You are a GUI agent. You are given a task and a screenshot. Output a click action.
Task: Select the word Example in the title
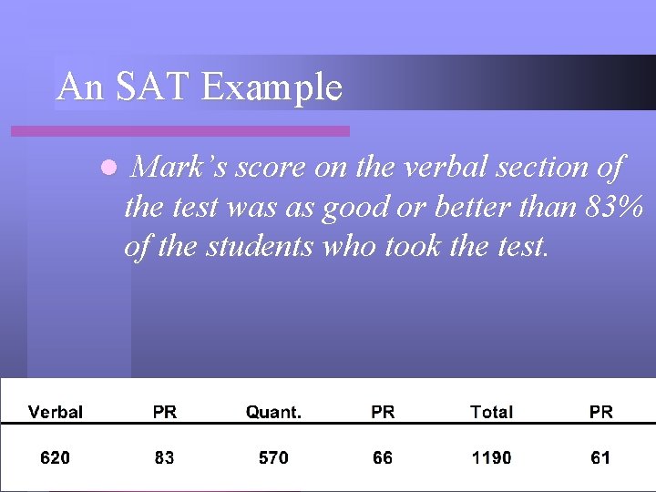(272, 87)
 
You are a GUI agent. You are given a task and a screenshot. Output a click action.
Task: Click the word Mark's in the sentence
(179, 168)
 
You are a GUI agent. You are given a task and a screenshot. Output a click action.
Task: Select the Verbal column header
(56, 412)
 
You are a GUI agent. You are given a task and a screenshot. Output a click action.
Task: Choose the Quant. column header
(273, 412)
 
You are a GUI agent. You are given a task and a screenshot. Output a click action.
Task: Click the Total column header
(491, 412)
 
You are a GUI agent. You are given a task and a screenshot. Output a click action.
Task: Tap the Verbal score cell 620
(55, 457)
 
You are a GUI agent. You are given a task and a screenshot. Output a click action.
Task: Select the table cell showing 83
(164, 457)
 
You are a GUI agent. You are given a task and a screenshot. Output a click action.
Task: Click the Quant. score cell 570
(273, 457)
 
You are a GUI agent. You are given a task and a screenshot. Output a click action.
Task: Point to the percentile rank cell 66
(383, 457)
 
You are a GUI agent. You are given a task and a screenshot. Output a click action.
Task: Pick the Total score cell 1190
(491, 457)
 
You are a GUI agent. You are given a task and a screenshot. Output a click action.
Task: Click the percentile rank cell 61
(600, 457)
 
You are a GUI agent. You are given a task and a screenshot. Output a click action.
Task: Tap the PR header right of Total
(601, 412)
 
